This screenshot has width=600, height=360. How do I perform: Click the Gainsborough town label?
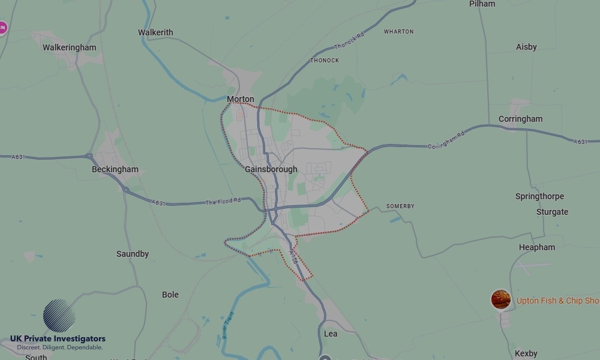coord(271,169)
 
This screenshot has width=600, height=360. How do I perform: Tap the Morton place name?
coord(240,99)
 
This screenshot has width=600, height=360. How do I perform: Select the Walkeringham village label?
coord(69,47)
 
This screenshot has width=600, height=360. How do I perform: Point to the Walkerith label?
coord(155,32)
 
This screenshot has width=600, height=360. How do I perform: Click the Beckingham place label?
coord(115,169)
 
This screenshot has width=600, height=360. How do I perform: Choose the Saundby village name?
coord(132,254)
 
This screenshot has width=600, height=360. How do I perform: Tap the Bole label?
coord(170,295)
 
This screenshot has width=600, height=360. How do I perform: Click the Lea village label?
coord(331,334)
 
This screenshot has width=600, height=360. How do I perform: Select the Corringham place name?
coord(520,119)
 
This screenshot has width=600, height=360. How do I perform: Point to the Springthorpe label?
coord(539,196)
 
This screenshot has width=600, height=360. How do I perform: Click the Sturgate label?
coord(552,212)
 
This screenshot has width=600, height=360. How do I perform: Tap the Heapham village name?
coord(537,247)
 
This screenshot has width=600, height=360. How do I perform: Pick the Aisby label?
coord(526,47)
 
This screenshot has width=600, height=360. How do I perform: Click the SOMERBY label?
coord(400,206)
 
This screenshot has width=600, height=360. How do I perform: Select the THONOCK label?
coord(325,61)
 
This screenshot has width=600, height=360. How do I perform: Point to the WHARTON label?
coord(398,32)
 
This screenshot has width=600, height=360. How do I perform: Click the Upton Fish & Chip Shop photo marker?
coord(501,299)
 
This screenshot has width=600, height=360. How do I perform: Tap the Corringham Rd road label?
coord(446,142)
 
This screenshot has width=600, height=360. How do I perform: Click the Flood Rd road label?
coord(223,202)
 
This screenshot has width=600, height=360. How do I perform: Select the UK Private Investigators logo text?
coord(58,339)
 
